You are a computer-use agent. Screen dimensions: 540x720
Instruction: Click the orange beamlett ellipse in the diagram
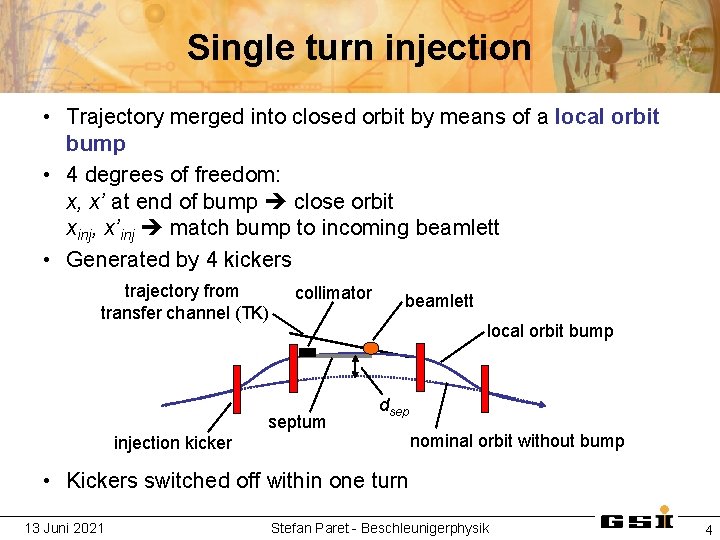click(371, 348)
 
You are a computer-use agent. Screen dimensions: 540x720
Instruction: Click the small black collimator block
click(307, 352)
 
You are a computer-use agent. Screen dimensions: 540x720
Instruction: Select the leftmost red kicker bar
click(237, 389)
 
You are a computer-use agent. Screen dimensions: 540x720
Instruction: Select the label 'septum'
click(297, 422)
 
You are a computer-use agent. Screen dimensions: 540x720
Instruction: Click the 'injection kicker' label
click(173, 443)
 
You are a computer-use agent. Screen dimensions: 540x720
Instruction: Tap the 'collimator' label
click(333, 293)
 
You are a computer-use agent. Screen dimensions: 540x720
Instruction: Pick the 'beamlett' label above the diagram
click(439, 301)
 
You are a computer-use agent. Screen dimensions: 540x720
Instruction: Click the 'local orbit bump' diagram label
click(550, 331)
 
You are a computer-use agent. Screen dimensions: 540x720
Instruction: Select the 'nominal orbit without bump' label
click(518, 441)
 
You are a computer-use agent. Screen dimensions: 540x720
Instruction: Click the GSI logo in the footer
click(636, 522)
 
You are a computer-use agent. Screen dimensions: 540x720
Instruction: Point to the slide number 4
click(708, 529)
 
